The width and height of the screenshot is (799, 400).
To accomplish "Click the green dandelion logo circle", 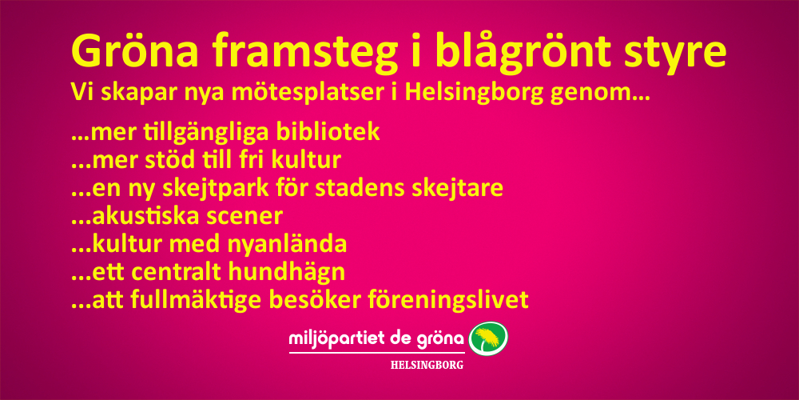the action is pos(488,339).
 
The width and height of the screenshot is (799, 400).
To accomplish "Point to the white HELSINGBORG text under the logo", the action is pos(427,366).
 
